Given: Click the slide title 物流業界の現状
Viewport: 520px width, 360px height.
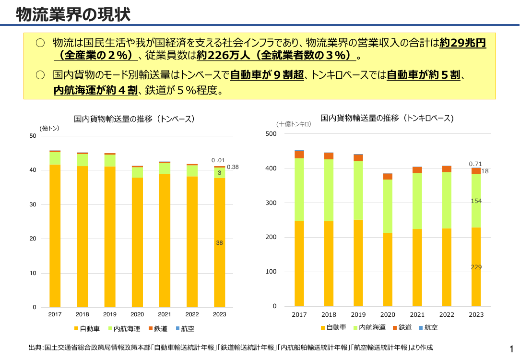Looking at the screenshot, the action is tap(73, 14).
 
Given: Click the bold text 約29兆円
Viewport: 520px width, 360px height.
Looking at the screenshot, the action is tap(463, 43).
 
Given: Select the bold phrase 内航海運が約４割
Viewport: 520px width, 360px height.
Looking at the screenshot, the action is tap(95, 90).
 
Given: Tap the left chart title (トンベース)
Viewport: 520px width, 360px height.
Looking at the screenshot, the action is tap(134, 119).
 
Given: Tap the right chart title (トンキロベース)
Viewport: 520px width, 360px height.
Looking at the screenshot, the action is tap(387, 118).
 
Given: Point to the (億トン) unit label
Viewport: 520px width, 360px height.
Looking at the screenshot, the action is tap(49, 129).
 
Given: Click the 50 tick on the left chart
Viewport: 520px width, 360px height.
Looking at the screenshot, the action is tap(33, 136).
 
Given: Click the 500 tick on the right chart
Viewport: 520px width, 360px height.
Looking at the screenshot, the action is tap(271, 134).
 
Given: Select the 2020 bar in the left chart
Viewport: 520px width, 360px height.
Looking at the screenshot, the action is tap(137, 236).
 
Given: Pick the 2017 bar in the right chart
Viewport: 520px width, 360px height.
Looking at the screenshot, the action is tap(299, 228).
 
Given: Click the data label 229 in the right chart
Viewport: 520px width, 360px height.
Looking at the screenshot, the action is tap(476, 267).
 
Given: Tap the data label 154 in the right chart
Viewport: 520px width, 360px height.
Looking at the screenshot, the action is tap(476, 201).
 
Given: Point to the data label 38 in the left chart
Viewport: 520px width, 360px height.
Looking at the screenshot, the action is tap(220, 243).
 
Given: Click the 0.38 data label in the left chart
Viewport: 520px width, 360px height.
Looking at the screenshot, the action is tap(233, 167).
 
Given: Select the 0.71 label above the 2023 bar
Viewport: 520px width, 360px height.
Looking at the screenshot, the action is tap(475, 164).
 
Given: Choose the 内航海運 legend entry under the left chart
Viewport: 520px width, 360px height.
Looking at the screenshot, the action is tap(124, 328).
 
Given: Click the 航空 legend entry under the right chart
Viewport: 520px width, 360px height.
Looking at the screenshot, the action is tap(428, 327).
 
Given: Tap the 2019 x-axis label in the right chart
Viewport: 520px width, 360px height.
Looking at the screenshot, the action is tap(358, 314).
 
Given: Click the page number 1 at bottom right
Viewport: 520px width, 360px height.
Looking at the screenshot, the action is tap(511, 348).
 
